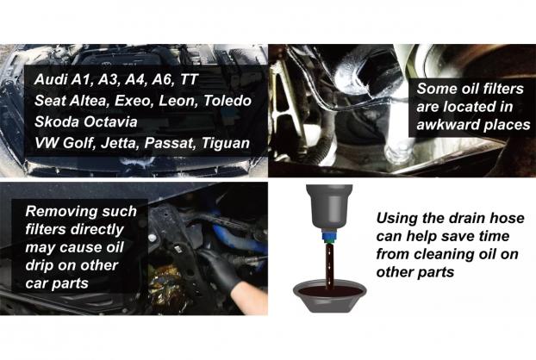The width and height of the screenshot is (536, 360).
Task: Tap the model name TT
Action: tap(189, 79)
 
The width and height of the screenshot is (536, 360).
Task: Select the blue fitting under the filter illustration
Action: tap(329, 236)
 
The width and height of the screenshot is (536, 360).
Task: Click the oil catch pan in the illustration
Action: tap(329, 297)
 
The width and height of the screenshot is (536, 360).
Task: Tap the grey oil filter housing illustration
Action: tap(329, 208)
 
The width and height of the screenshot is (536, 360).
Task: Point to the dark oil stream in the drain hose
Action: tap(329, 264)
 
